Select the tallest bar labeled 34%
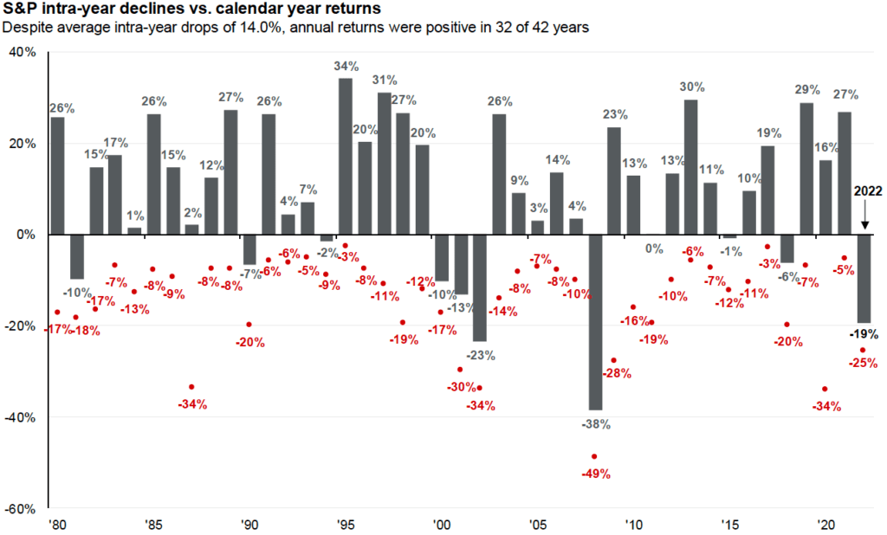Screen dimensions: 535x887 [x=345, y=156]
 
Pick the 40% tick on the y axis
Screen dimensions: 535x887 [x=23, y=52]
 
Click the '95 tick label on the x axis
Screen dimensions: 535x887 [x=344, y=525]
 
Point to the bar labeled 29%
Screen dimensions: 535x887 [x=806, y=169]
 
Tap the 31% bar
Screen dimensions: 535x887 [x=384, y=164]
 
